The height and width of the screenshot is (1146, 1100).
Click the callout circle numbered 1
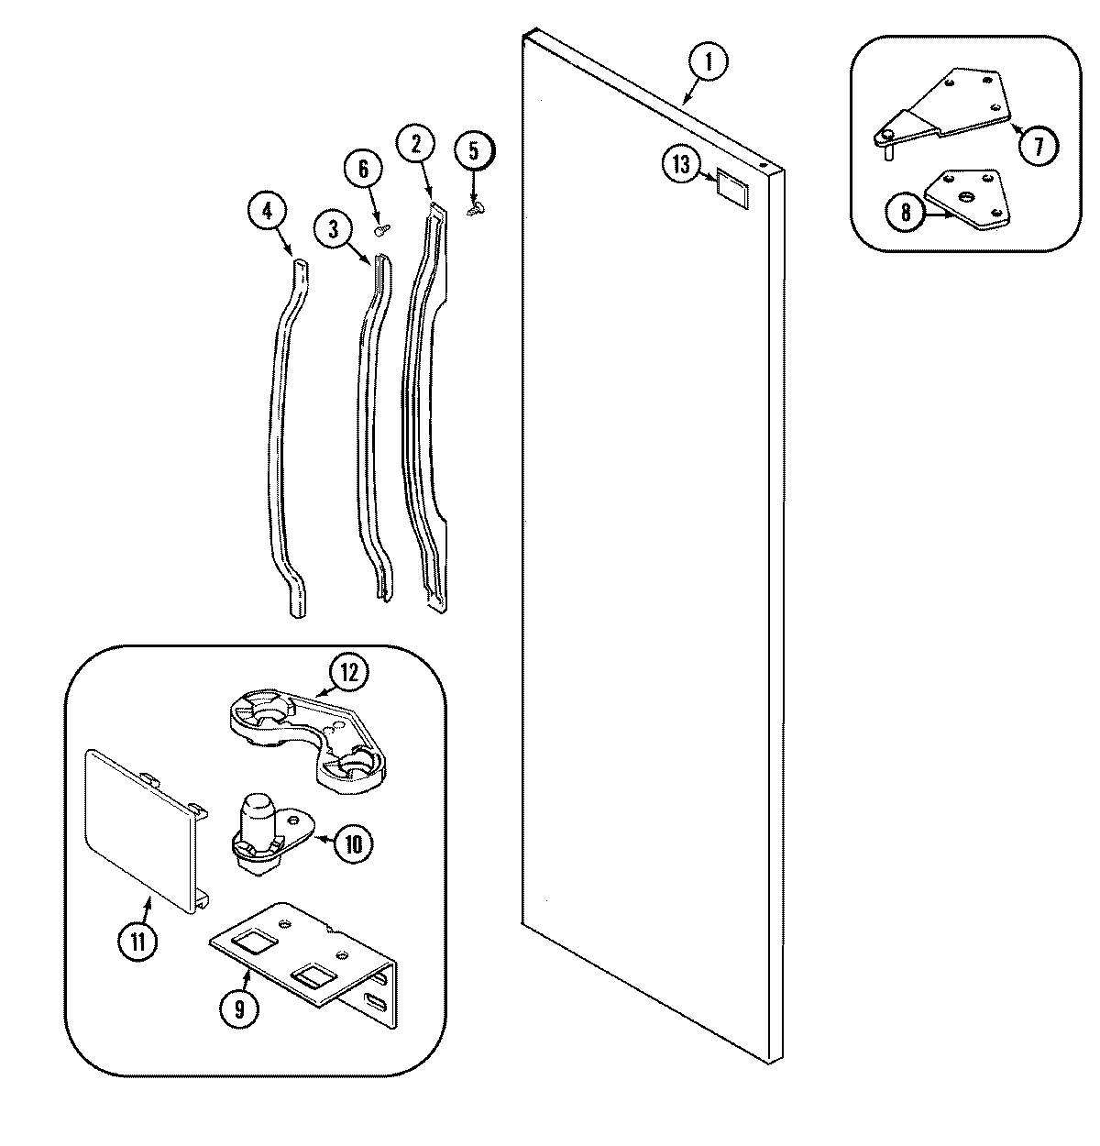[x=709, y=63]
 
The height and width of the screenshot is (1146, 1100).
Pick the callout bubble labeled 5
[x=474, y=150]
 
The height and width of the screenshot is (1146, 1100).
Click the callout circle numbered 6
[x=363, y=170]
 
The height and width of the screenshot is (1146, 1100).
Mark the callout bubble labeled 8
[x=906, y=213]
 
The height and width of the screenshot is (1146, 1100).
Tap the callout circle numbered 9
[x=238, y=1008]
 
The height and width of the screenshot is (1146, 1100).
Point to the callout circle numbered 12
[x=349, y=674]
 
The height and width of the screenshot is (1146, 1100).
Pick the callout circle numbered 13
[x=680, y=164]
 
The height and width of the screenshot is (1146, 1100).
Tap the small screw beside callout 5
[x=475, y=210]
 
